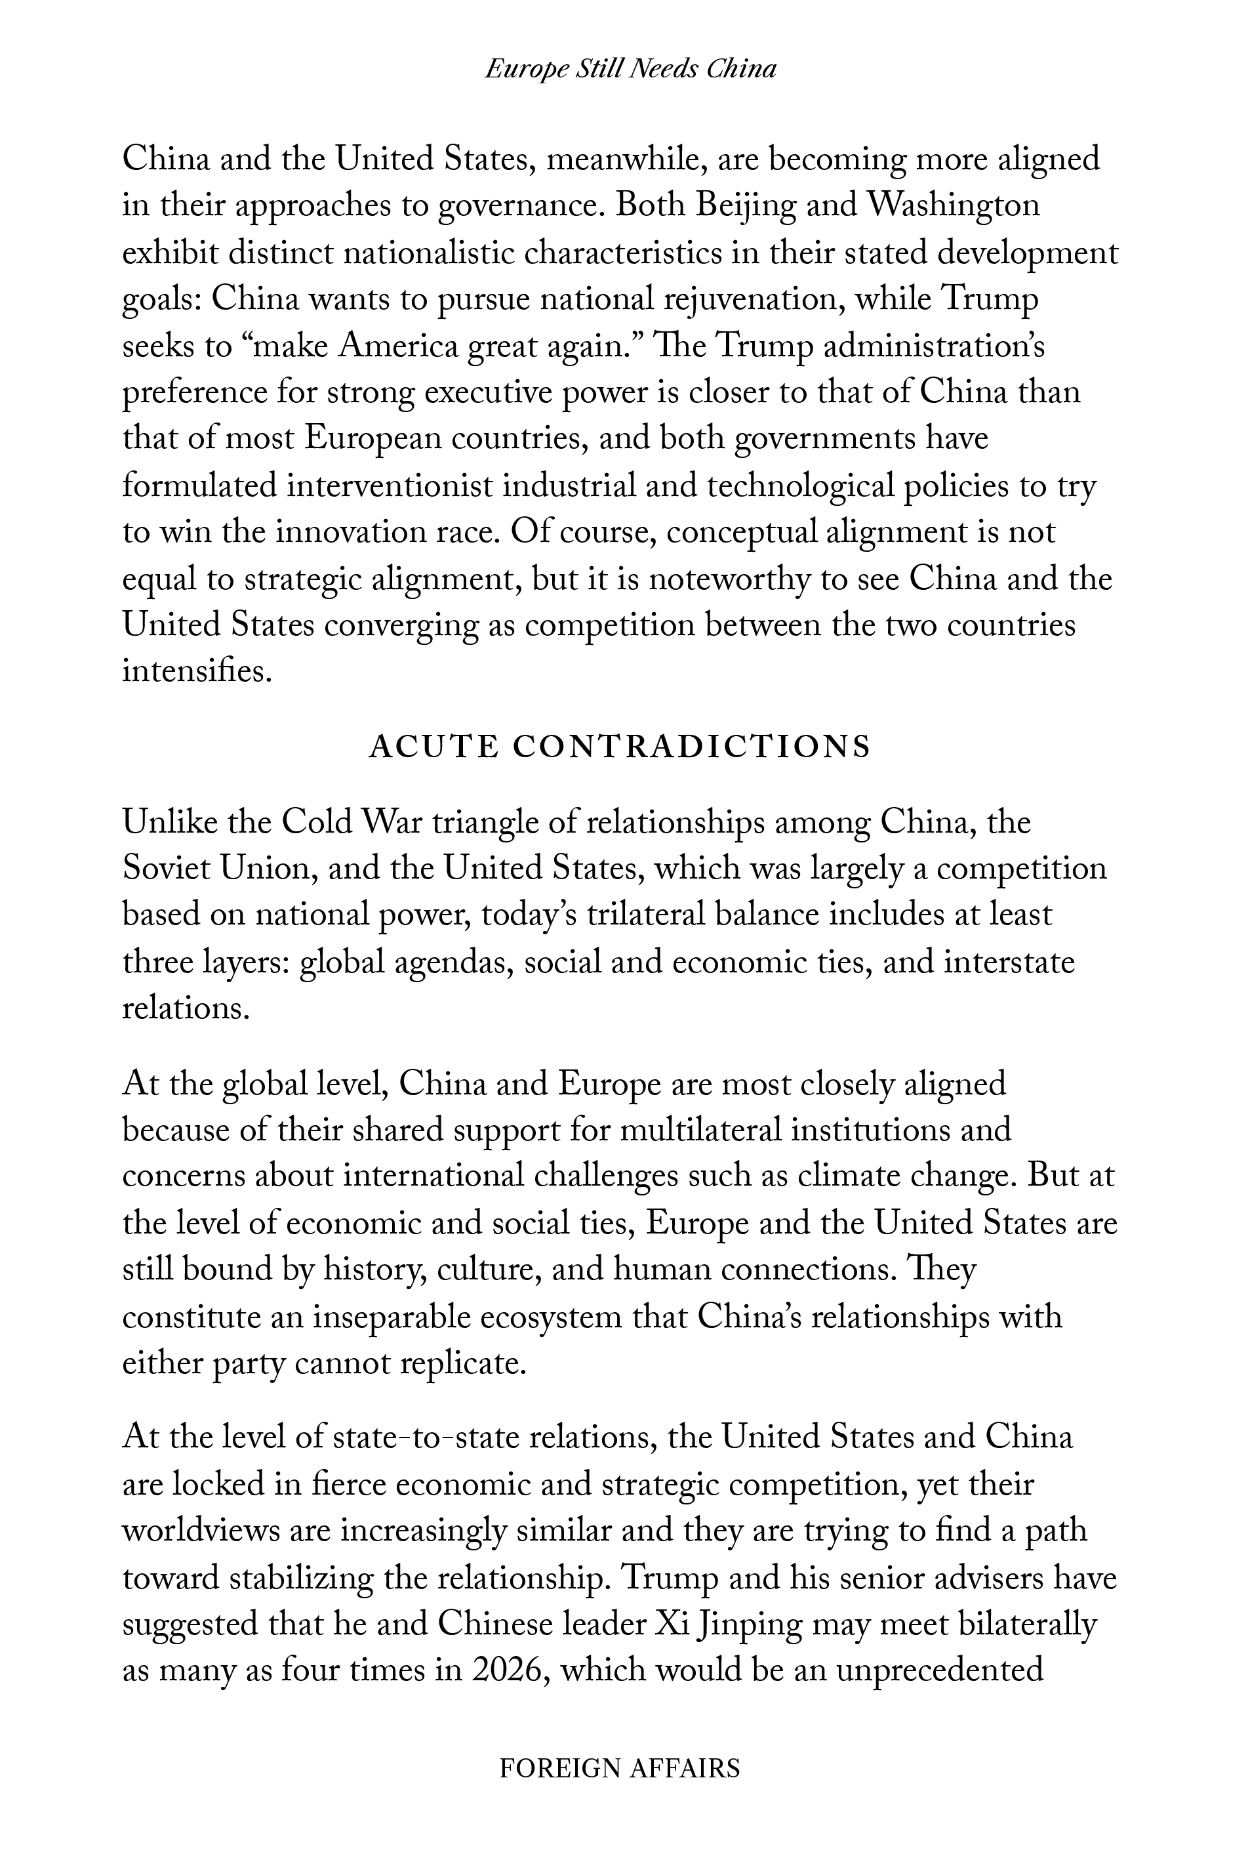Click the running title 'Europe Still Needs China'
click(x=630, y=70)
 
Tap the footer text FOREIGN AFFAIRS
click(x=619, y=1768)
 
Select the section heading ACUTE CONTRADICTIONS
click(x=620, y=747)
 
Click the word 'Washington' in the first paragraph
click(x=953, y=205)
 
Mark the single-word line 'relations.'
click(x=186, y=1008)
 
